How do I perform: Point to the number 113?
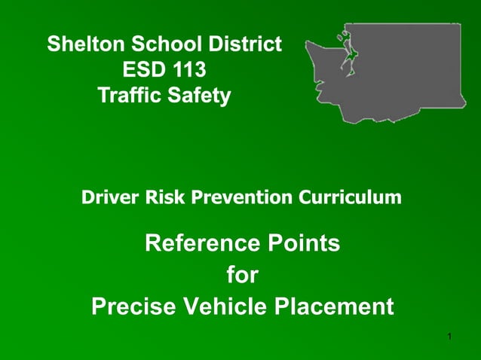pos(188,71)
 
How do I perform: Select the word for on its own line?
pos(242,276)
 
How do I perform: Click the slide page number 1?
pos(449,335)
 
